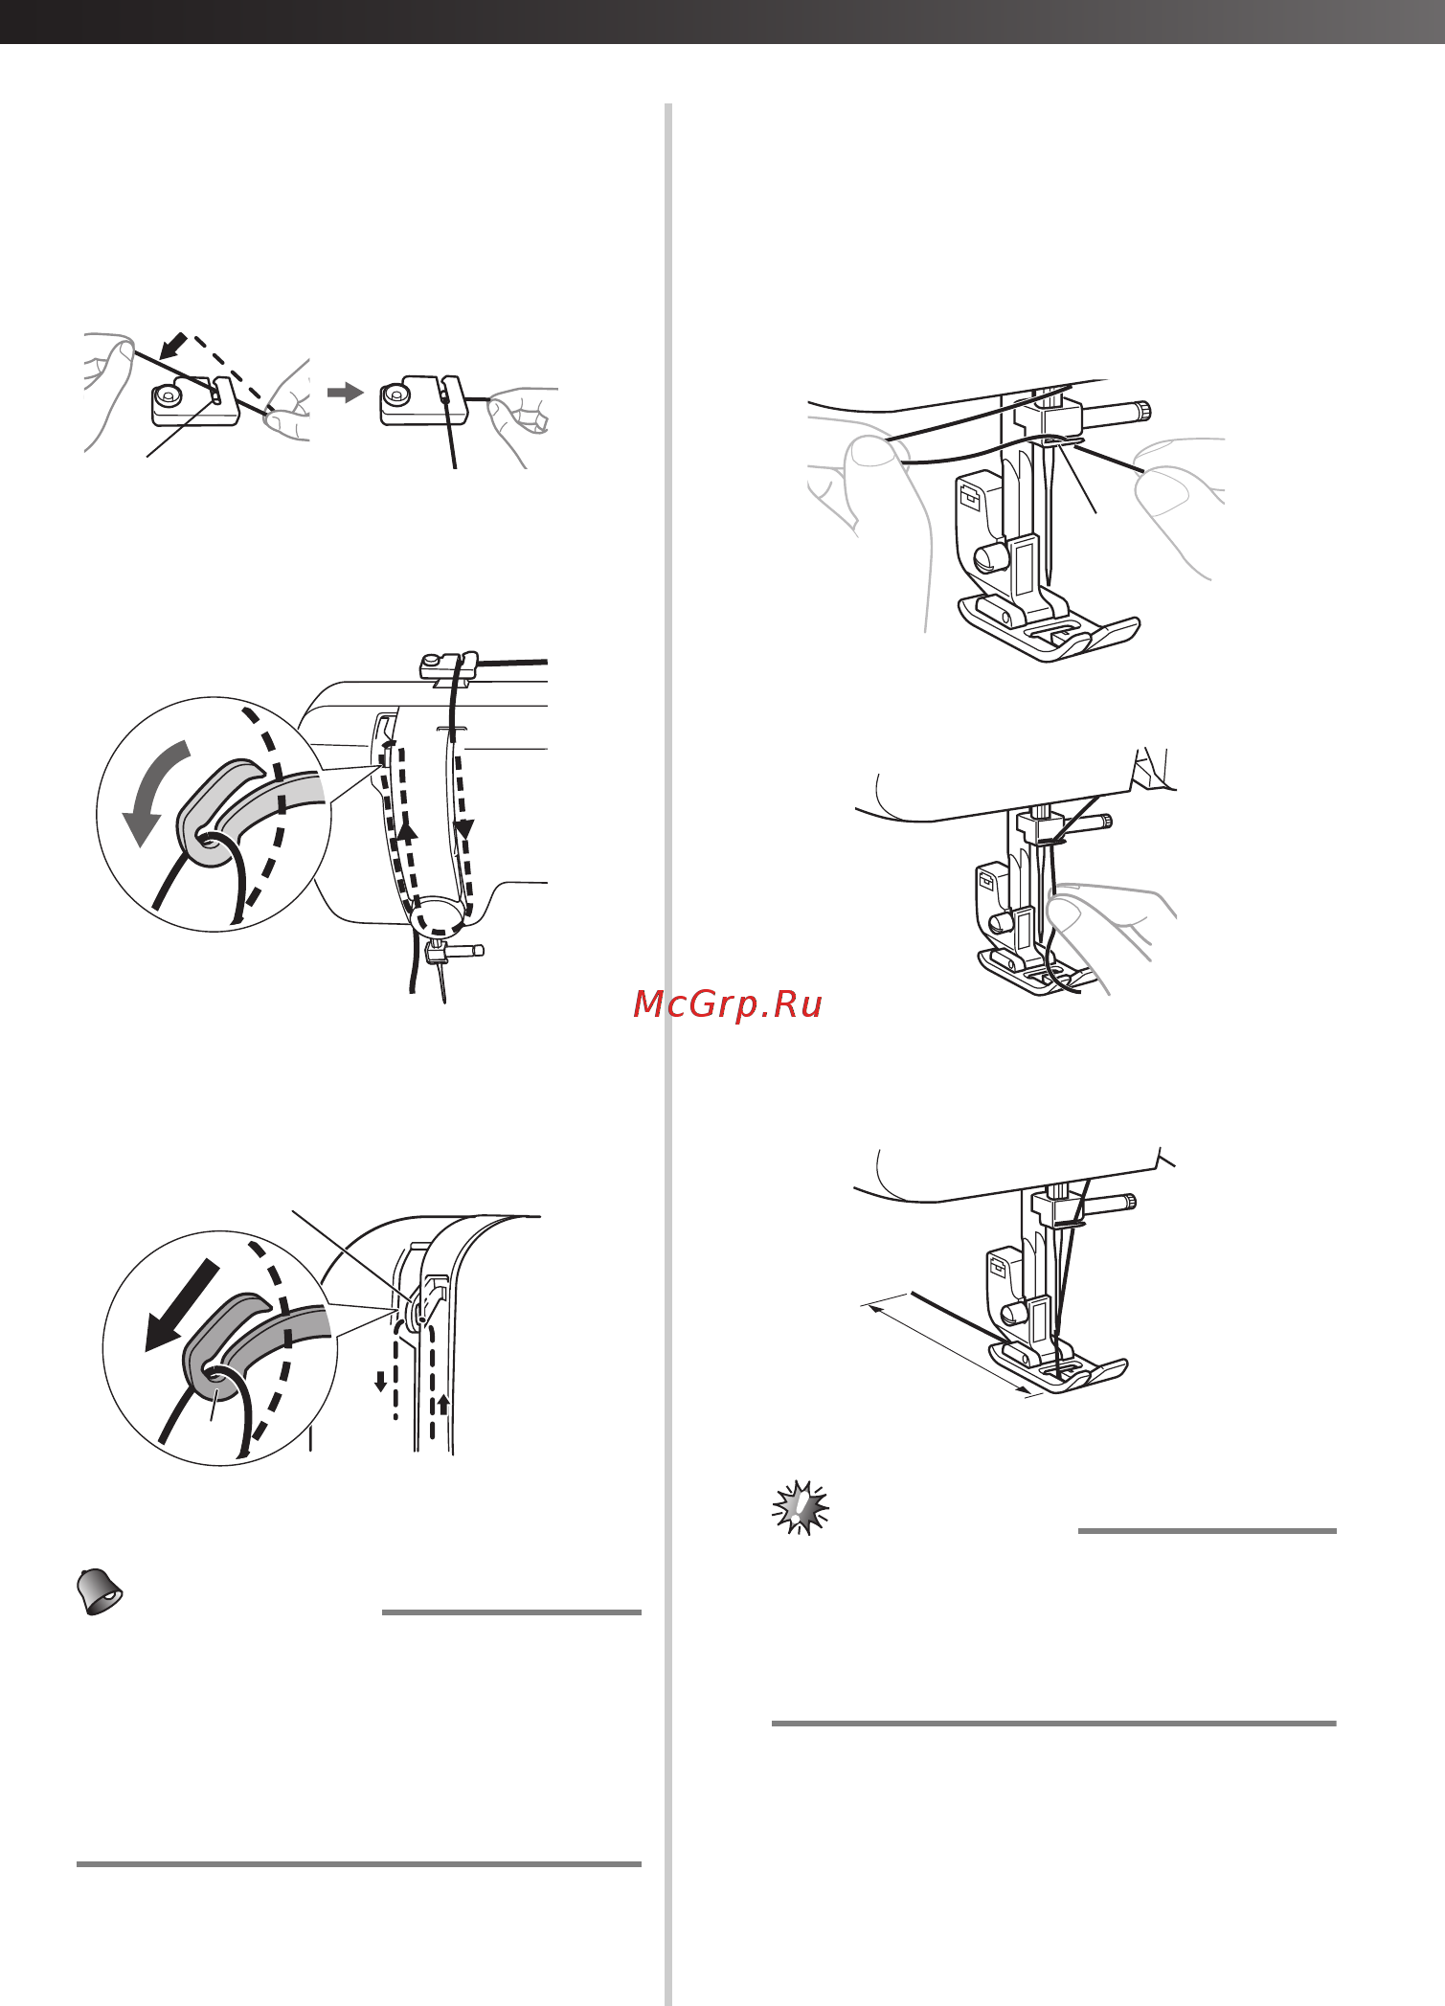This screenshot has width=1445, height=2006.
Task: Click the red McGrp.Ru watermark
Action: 728,1003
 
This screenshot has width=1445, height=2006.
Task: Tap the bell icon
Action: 100,1591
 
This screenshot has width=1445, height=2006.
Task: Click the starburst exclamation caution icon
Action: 801,1508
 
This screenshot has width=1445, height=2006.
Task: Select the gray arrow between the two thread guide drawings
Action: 345,393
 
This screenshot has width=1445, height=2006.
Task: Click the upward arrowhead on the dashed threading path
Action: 408,832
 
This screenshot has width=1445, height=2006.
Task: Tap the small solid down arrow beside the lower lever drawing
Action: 380,1382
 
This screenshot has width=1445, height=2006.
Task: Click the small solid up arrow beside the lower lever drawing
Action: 443,1405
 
